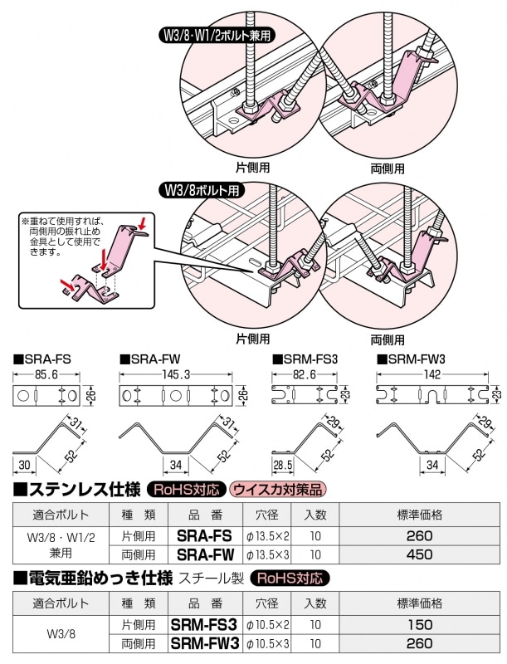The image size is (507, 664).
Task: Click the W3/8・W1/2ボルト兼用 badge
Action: point(217,36)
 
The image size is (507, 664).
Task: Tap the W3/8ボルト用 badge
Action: point(202,189)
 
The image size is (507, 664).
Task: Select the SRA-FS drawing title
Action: point(41,359)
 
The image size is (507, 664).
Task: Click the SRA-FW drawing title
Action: point(150,359)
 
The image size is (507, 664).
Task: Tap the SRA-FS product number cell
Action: point(205,535)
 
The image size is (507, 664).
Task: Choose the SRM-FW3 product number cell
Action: point(205,642)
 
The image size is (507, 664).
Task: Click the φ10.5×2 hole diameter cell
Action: point(267,623)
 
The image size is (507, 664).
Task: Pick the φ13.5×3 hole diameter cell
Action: point(267,554)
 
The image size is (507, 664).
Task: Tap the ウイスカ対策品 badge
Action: point(279,490)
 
